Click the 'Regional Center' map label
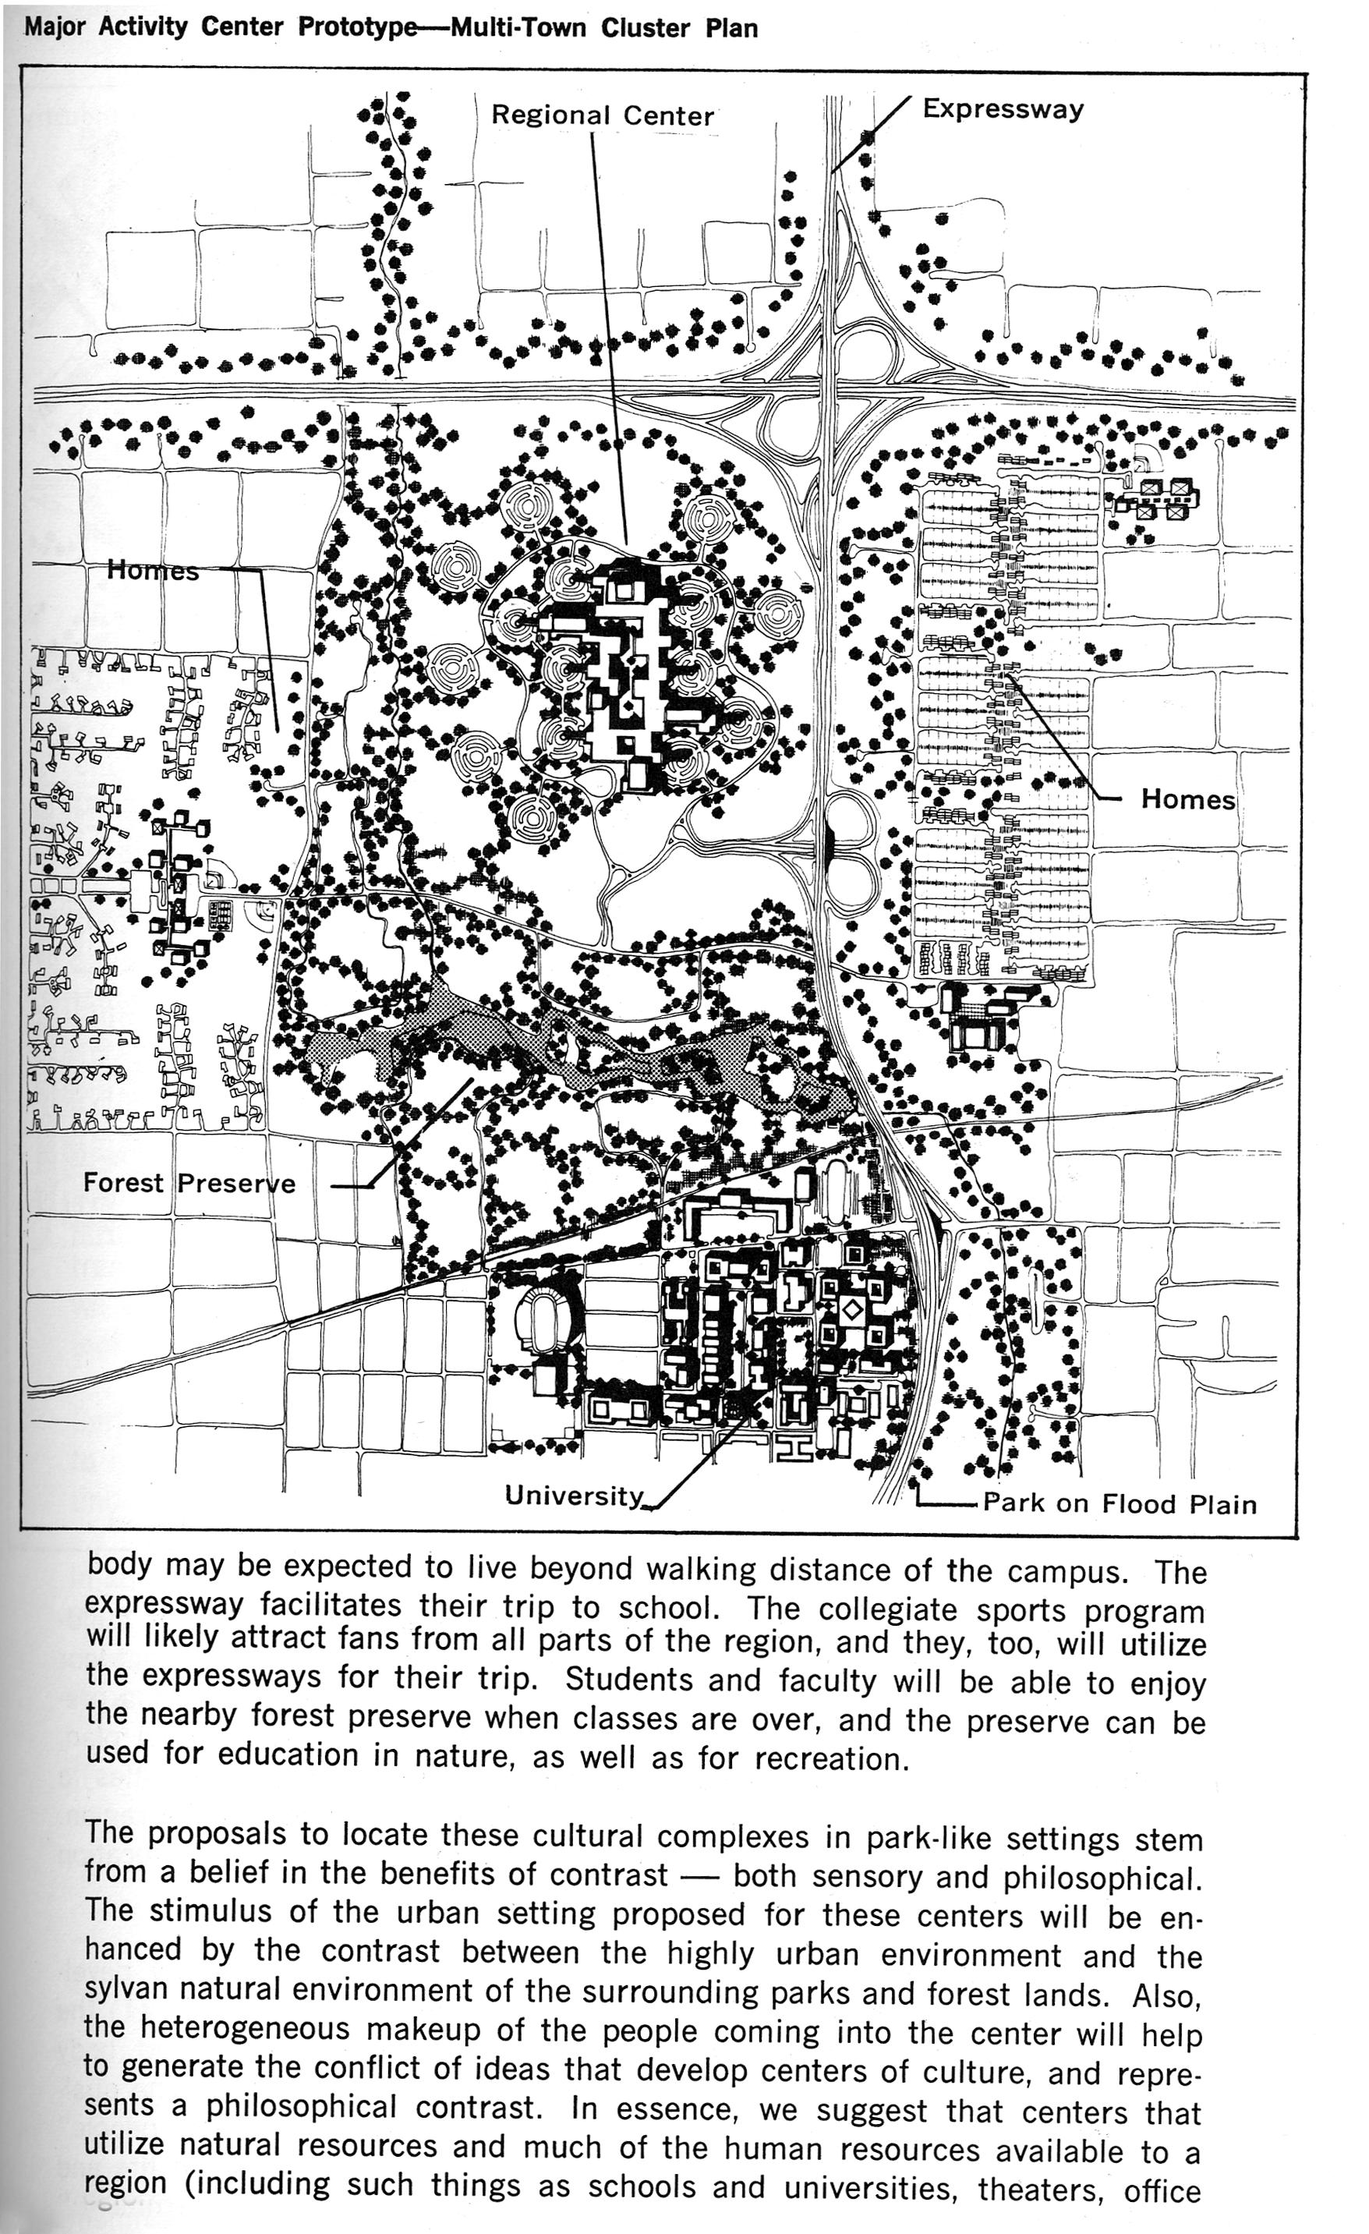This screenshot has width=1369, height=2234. click(602, 115)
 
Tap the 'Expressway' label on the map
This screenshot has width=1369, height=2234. click(1003, 109)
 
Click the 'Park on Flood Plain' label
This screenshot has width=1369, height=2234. click(1120, 1503)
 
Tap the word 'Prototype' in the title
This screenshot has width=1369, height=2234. click(357, 27)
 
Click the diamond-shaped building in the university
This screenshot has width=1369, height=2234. click(851, 1310)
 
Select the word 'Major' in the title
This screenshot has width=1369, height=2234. click(56, 27)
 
